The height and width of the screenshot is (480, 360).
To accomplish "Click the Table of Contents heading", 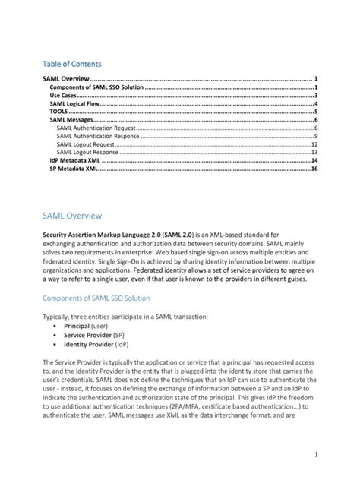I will tap(71, 64).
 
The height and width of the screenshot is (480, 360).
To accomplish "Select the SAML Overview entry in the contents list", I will tap(65, 79).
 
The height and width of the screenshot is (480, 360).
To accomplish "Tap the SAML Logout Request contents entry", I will tap(87, 144).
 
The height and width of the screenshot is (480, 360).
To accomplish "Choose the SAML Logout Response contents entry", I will tap(89, 152).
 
